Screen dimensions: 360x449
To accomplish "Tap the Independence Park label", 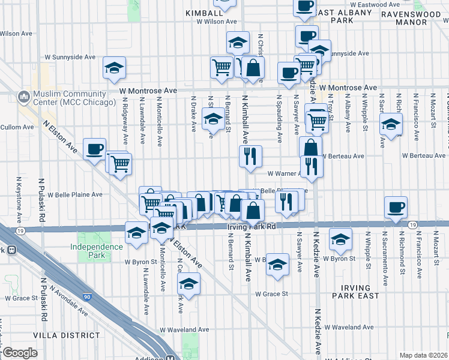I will point(96,251).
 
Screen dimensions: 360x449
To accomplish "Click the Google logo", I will point(19,353).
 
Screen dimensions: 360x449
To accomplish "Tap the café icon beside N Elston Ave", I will point(94,149).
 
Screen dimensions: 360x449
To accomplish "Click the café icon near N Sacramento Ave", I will point(395,207).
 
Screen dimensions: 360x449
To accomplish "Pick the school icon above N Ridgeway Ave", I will point(113,68).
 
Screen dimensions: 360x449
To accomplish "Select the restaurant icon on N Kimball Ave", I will point(250,155).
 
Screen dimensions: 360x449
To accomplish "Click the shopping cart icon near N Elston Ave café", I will point(120,163).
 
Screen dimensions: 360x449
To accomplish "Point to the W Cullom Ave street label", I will point(12,127).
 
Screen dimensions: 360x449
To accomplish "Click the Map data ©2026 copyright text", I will point(423,355).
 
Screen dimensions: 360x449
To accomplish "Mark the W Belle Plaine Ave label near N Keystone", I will point(75,194).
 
